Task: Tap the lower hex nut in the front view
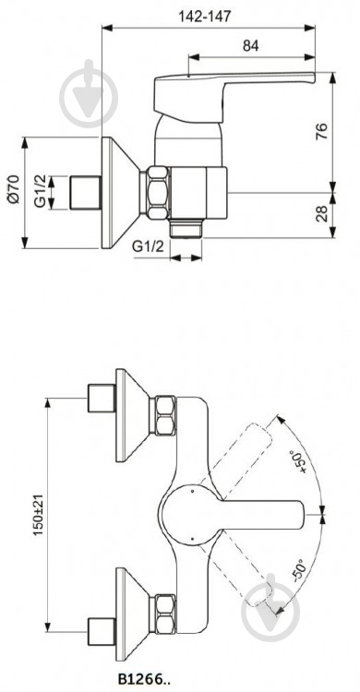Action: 166,610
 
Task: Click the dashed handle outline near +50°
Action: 245,452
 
